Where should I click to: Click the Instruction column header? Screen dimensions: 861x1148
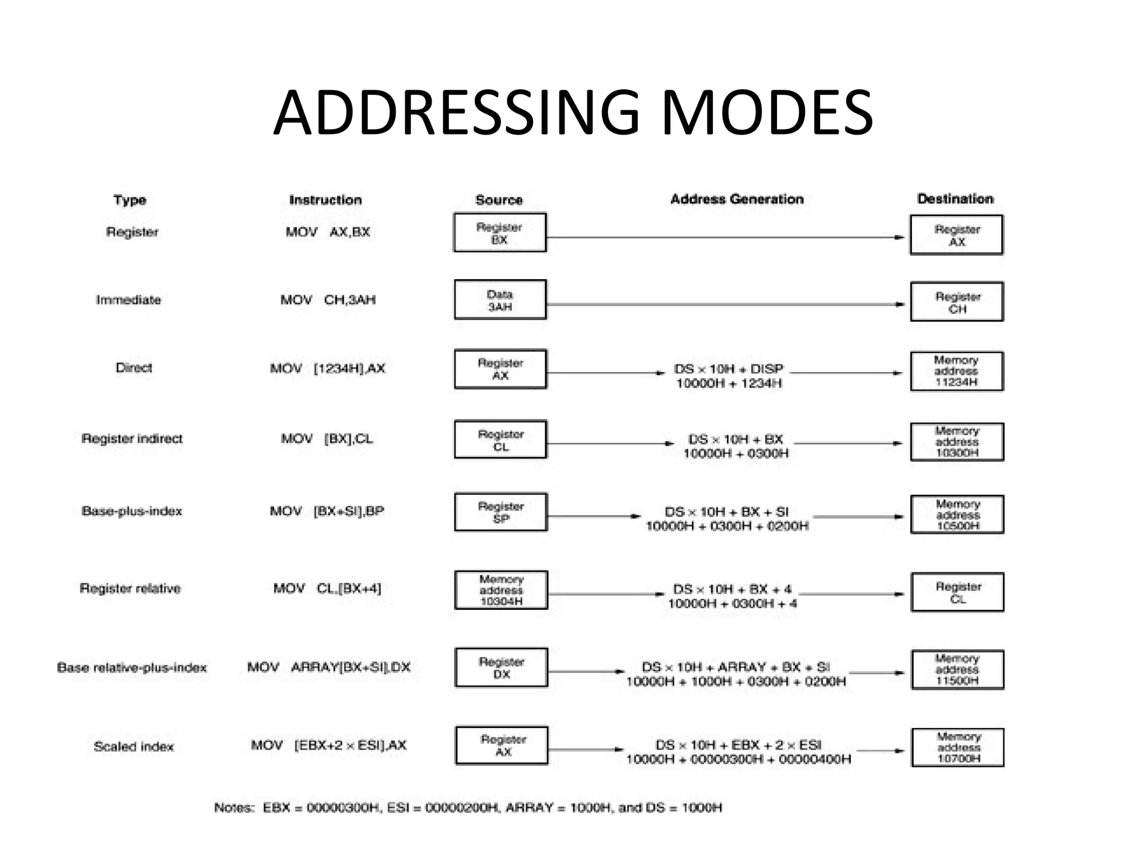pyautogui.click(x=325, y=200)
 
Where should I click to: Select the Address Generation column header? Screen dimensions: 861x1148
pyautogui.click(x=737, y=199)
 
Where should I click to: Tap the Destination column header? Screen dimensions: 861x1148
pyautogui.click(x=955, y=199)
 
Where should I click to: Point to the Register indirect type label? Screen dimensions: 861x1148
pyautogui.click(x=132, y=438)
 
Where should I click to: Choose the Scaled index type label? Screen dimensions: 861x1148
pyautogui.click(x=134, y=747)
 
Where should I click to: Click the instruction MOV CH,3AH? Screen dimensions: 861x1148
pyautogui.click(x=328, y=300)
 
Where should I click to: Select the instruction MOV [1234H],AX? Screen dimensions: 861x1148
pyautogui.click(x=327, y=368)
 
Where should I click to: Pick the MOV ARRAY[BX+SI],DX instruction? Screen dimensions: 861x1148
pyautogui.click(x=329, y=667)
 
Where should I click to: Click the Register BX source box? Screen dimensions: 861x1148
pyautogui.click(x=499, y=233)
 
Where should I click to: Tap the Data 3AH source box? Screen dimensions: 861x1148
pyautogui.click(x=500, y=300)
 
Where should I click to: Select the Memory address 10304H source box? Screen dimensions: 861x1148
pyautogui.click(x=501, y=590)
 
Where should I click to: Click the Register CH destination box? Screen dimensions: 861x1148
pyautogui.click(x=957, y=302)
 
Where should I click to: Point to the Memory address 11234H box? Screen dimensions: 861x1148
pyautogui.click(x=957, y=371)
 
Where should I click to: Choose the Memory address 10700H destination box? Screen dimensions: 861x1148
pyautogui.click(x=958, y=747)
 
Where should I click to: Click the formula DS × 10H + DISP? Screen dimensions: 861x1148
pyautogui.click(x=729, y=369)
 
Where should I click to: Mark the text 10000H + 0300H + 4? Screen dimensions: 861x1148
pyautogui.click(x=732, y=604)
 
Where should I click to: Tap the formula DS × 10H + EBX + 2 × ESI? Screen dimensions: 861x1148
pyautogui.click(x=738, y=745)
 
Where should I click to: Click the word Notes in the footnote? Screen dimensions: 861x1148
pyautogui.click(x=234, y=808)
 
